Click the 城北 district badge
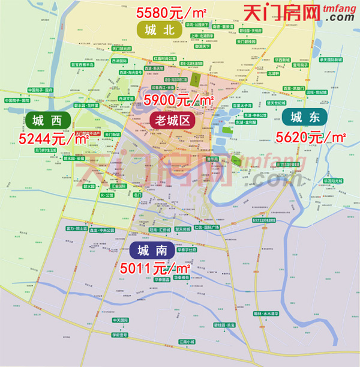(x=158, y=29)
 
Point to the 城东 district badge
(x=305, y=117)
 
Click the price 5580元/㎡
(x=172, y=12)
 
